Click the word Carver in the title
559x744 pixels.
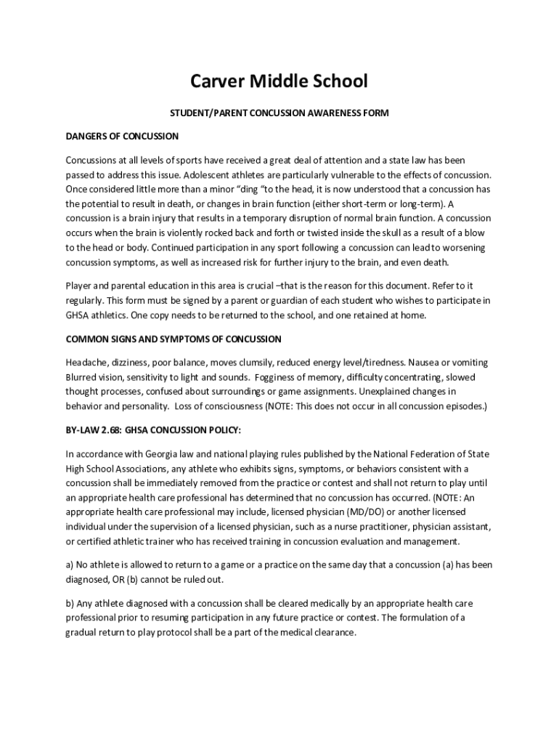tap(217, 81)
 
